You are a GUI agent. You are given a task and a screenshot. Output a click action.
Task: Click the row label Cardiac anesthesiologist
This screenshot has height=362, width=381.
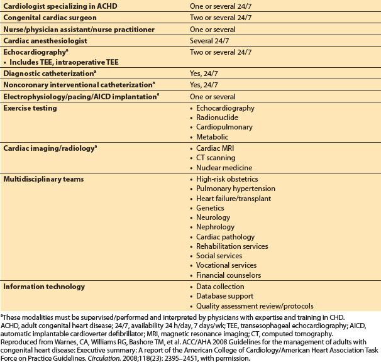[45, 40]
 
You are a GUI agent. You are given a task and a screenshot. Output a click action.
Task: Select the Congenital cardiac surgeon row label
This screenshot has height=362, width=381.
[46, 18]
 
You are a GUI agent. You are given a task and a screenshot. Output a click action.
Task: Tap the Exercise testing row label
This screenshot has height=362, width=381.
[30, 109]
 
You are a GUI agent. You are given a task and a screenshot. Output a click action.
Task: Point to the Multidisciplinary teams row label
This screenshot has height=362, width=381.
[41, 179]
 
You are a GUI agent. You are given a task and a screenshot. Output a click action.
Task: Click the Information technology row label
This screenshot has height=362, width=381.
[44, 287]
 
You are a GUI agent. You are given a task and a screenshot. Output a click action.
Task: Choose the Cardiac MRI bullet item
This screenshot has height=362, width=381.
[217, 148]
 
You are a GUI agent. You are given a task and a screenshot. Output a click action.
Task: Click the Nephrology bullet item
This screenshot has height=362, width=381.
[218, 227]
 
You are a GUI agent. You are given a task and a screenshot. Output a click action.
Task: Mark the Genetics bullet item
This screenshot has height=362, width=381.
[213, 208]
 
